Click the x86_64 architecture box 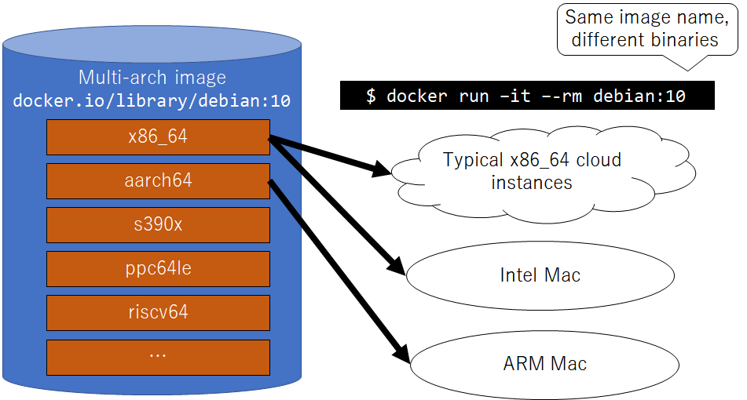tap(158, 137)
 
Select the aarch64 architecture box tap(158, 181)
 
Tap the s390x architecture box tap(158, 225)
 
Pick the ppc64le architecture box tap(158, 269)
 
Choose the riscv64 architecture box tap(158, 313)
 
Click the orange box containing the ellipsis tap(158, 357)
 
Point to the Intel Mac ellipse tap(540, 275)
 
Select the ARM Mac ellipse tap(544, 364)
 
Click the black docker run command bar tap(527, 96)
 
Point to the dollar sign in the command tap(371, 96)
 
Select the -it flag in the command tap(506, 96)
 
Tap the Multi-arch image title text tap(152, 78)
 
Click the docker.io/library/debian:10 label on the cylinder tap(152, 102)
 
